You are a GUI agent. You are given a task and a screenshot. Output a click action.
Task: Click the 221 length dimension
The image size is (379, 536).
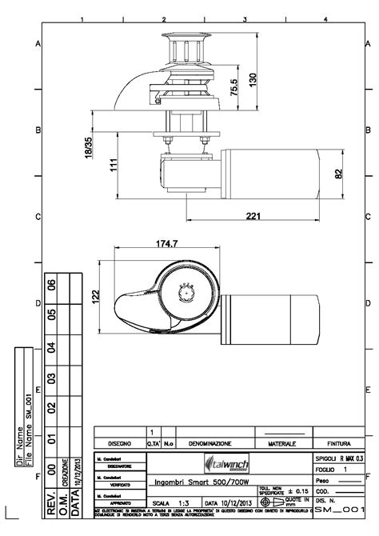pos(254,216)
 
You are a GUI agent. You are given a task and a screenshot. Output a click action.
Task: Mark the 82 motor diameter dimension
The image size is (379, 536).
pos(338,172)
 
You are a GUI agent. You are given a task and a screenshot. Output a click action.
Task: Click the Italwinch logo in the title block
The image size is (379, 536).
pos(228,463)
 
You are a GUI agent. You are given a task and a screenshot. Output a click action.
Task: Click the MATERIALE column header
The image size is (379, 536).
pos(281,442)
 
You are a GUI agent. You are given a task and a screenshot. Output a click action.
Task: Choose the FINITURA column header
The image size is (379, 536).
pos(339,442)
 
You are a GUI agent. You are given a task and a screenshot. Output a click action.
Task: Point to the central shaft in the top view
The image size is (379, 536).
pos(186,293)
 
